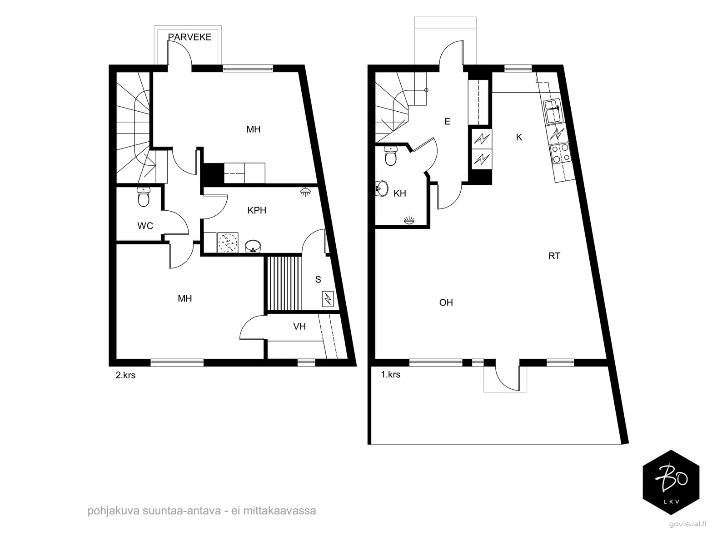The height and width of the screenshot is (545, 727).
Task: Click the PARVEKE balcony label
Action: (x=190, y=37)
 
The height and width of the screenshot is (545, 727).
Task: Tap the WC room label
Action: (x=145, y=226)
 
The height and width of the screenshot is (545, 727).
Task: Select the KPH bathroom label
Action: (x=257, y=210)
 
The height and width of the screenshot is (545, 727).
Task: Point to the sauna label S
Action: (x=318, y=280)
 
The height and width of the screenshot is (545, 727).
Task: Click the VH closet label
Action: (x=299, y=327)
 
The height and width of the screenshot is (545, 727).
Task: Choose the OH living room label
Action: (x=446, y=302)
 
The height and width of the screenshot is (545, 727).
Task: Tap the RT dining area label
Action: (x=554, y=256)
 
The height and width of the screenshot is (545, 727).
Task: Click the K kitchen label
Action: (x=519, y=137)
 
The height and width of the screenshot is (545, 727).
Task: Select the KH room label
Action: (x=400, y=193)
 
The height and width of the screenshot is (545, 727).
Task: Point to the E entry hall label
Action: (x=448, y=121)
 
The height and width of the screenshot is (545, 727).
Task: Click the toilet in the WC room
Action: (x=144, y=197)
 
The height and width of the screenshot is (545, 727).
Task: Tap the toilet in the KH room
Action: (x=391, y=156)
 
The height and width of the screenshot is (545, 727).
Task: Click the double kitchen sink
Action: (x=552, y=112)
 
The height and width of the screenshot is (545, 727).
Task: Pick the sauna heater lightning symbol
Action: (x=328, y=299)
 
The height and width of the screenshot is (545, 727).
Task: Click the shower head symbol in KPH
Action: (x=304, y=192)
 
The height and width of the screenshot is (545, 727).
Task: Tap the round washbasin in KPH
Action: (x=253, y=247)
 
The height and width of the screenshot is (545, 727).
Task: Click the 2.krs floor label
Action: (x=125, y=375)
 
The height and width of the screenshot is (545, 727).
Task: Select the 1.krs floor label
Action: (x=390, y=375)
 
